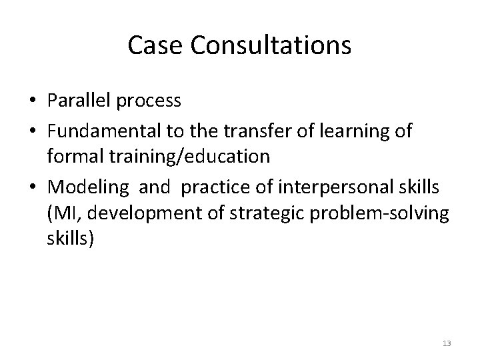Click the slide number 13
pyautogui.click(x=447, y=343)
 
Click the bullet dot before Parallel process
pyautogui.click(x=31, y=102)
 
